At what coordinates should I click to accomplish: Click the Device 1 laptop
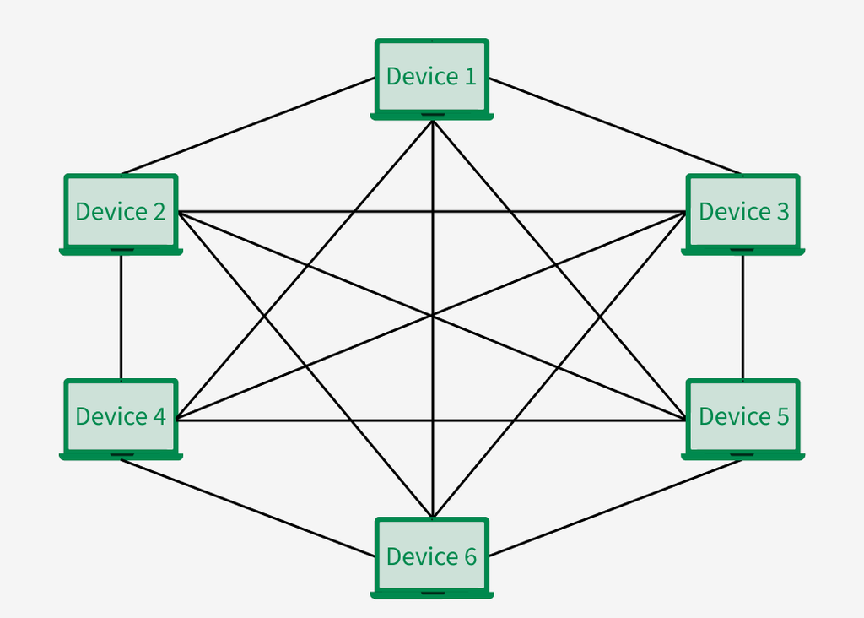431,78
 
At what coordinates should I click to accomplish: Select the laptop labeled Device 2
121,213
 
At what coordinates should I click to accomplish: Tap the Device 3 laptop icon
742,213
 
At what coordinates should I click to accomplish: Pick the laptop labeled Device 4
121,417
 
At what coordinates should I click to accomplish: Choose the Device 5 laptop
742,417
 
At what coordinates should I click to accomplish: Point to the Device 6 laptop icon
431,556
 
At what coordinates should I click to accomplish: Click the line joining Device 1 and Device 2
249,126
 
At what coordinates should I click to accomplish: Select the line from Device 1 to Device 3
614,126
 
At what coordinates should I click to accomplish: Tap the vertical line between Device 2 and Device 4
121,317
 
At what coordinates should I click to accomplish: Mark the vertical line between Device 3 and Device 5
742,317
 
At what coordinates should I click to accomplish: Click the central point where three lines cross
432,316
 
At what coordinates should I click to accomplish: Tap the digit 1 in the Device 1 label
470,77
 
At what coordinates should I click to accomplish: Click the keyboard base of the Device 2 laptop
121,251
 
